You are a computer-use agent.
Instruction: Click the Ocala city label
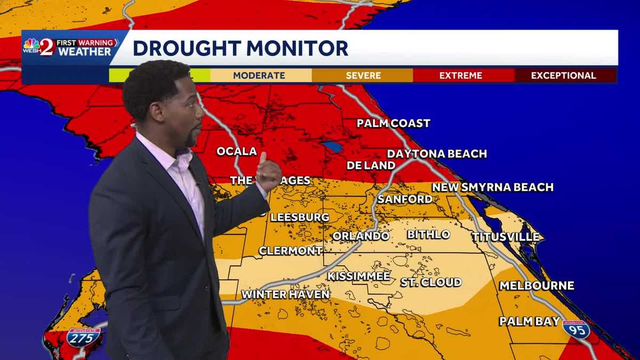[236, 151]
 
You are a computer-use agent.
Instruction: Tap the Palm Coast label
[393, 124]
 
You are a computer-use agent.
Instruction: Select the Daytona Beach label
[437, 154]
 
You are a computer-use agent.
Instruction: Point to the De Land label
[371, 165]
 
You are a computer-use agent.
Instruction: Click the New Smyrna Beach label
[492, 187]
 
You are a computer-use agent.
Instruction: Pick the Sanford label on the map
[405, 199]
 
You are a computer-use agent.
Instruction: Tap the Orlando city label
[361, 236]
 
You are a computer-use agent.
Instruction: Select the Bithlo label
[428, 235]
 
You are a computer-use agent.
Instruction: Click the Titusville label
[505, 237]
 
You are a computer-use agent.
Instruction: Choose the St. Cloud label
[431, 282]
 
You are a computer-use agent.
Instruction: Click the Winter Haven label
[285, 294]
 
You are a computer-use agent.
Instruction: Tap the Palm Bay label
[529, 321]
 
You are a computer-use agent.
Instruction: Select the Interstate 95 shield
[576, 330]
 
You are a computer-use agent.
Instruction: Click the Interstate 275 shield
[84, 338]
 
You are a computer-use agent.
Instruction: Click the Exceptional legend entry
[563, 76]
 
